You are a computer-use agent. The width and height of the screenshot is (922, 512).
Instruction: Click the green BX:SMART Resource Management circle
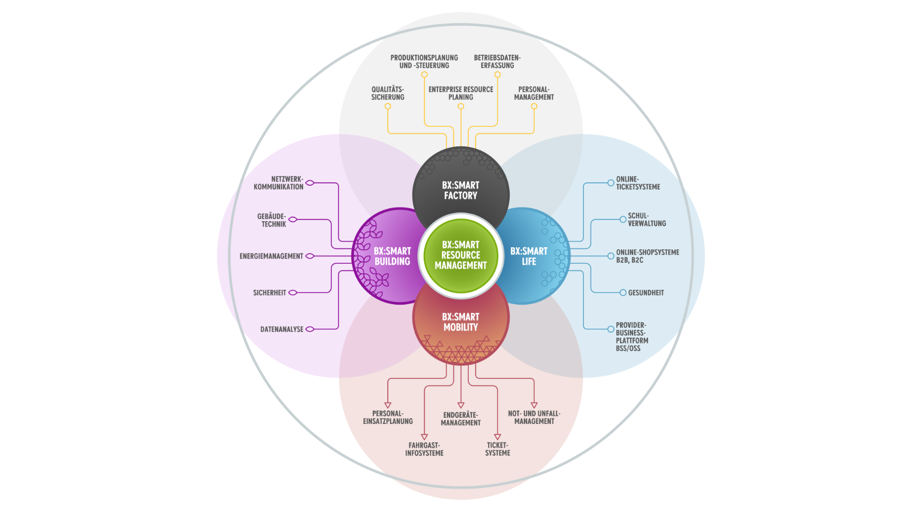click(460, 255)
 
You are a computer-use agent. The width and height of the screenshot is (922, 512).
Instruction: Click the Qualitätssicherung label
click(388, 93)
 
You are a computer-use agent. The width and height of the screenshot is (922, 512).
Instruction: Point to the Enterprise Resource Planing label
click(460, 93)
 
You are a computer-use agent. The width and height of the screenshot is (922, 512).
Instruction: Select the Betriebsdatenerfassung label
click(497, 61)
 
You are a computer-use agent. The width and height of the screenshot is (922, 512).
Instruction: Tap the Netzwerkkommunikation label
click(279, 183)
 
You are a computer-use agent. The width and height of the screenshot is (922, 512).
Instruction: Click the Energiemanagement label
click(271, 256)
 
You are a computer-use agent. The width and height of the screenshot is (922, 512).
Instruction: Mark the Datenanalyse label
click(282, 329)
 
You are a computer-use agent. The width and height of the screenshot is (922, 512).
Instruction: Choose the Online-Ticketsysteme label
click(638, 183)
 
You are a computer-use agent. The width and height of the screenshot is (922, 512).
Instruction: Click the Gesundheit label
click(646, 293)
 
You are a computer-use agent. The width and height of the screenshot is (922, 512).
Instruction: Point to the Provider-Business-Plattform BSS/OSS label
click(632, 336)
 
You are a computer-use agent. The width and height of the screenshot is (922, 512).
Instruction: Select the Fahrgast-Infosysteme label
click(424, 449)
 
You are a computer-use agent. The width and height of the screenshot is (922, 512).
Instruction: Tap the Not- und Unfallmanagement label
click(534, 417)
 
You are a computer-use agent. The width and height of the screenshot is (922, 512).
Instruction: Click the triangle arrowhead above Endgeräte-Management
click(460, 405)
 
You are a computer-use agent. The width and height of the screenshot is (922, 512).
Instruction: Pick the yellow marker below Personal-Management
click(534, 106)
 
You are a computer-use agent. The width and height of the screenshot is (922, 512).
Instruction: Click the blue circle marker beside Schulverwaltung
click(623, 219)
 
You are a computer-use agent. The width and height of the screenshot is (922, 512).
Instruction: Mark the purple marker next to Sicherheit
click(292, 293)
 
